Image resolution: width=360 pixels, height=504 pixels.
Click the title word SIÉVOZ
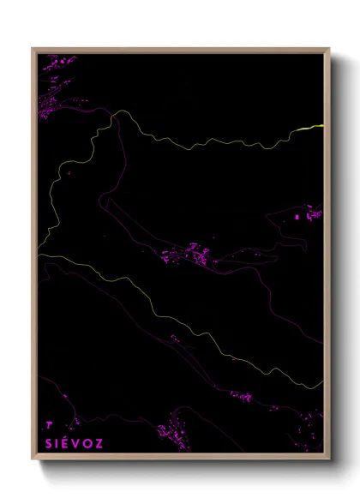(74, 443)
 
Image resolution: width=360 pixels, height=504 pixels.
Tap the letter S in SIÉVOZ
(48, 443)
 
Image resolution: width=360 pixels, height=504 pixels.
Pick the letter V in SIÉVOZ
(76, 443)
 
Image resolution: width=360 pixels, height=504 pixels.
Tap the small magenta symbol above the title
(49, 423)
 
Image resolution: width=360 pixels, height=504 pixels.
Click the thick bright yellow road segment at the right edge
(313, 128)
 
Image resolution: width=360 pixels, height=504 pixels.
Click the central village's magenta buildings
(193, 255)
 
